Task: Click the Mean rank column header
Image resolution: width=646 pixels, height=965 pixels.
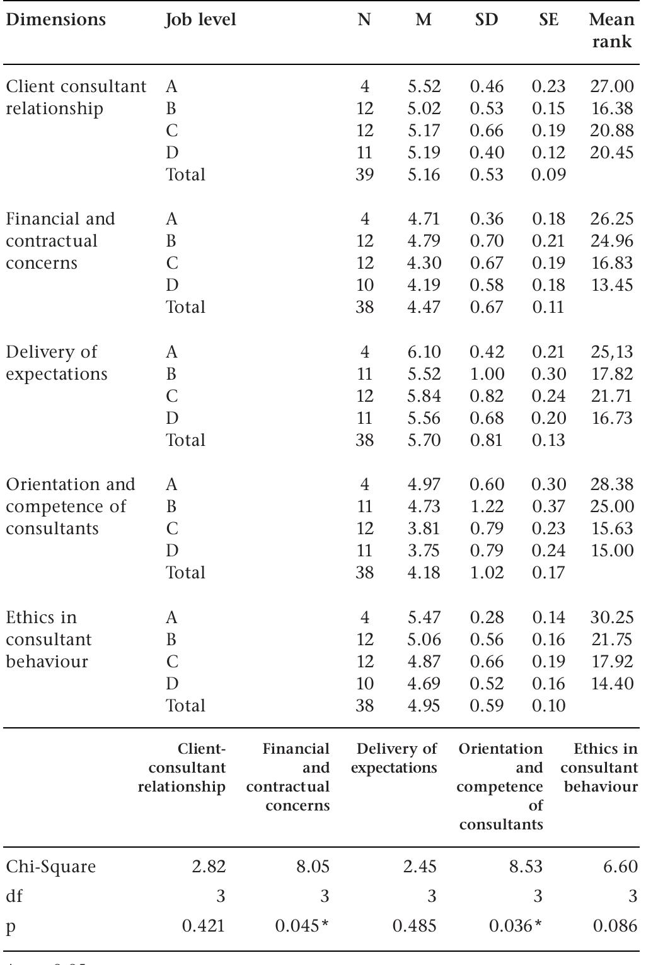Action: [x=611, y=30]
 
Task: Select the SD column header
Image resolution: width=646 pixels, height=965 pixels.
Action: [x=486, y=20]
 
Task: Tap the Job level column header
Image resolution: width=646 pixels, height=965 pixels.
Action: [x=200, y=20]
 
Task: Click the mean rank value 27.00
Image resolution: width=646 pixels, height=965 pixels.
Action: [x=611, y=86]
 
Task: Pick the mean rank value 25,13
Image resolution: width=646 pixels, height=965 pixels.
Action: [x=611, y=352]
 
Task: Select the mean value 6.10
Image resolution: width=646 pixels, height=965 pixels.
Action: [x=424, y=352]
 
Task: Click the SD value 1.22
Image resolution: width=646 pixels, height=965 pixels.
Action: [x=487, y=506]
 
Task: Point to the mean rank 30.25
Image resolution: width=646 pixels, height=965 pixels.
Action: [x=611, y=617]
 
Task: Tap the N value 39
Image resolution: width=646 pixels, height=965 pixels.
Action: [x=364, y=175]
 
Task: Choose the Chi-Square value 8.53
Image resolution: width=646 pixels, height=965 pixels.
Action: [x=525, y=867]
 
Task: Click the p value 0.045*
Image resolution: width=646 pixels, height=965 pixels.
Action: [x=303, y=926]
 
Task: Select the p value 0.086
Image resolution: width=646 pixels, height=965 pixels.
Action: [x=615, y=926]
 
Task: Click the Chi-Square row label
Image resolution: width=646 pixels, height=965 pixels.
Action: [x=51, y=867]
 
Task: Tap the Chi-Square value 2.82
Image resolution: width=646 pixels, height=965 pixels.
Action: [x=208, y=867]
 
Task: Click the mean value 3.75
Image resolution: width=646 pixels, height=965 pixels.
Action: [x=424, y=551]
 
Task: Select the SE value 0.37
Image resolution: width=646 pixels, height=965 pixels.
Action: [x=548, y=506]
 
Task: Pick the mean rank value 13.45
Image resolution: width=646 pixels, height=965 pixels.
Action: [x=611, y=285]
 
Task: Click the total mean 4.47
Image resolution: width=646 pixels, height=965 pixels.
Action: [x=424, y=307]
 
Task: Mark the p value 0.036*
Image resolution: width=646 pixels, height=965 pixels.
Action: [x=516, y=926]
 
